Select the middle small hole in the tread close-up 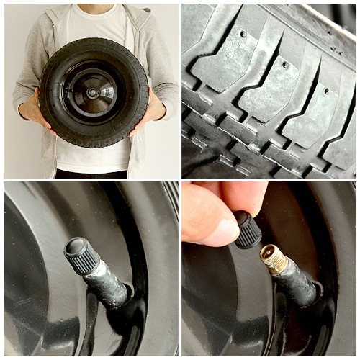tap(286, 64)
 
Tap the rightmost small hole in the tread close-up tap(326, 91)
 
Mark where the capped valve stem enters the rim tap(127, 296)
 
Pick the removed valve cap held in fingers tap(248, 229)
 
